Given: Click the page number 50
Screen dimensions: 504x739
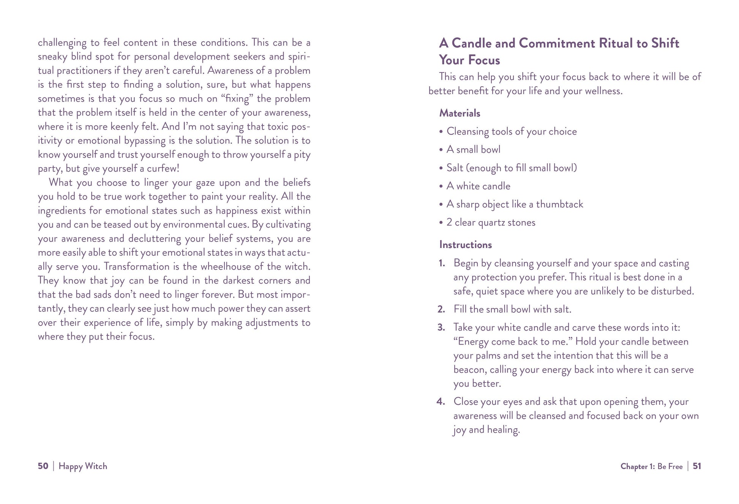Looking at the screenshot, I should pos(43,466).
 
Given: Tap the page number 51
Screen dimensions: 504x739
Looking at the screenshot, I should pos(697,466).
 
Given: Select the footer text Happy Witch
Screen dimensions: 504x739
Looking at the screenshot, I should pos(83,466).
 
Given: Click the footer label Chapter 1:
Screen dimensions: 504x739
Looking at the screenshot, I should pos(638,466).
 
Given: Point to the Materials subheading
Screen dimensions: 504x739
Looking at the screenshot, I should pos(460,113).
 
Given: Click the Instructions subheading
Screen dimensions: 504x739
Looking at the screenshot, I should pos(465,245).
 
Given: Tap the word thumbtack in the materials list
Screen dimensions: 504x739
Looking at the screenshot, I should pos(559,204).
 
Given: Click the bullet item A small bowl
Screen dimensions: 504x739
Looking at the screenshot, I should pos(473,150).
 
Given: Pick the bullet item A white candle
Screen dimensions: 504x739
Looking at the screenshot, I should pos(478,186).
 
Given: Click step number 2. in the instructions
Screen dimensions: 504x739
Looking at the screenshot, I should pos(441,310).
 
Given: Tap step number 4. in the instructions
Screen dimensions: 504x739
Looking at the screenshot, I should pos(441,402).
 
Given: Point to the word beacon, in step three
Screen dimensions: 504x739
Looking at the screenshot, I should pos(470,370).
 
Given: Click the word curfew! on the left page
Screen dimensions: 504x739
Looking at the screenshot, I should pos(163,169).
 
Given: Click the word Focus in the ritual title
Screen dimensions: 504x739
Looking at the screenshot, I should pos(484,60).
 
